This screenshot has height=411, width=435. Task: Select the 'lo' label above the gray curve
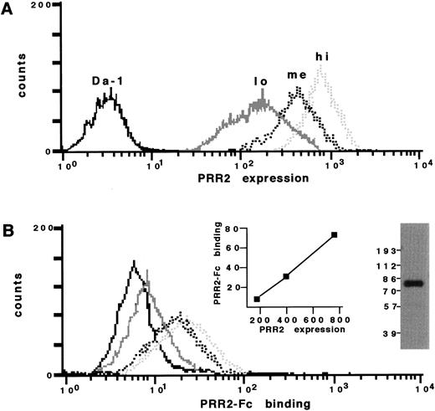click(260, 81)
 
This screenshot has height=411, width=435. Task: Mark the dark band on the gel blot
click(409, 283)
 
